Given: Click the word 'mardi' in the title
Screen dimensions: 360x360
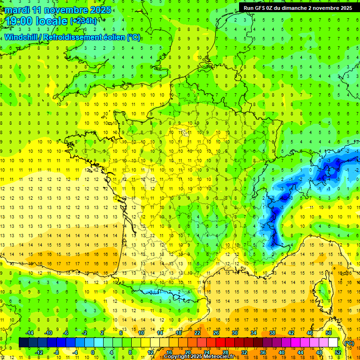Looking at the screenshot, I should (17, 10).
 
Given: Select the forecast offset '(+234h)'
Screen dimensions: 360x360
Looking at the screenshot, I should (83, 21).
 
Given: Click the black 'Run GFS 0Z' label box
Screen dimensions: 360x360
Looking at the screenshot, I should (298, 7).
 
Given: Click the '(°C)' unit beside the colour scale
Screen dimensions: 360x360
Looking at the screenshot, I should (348, 343).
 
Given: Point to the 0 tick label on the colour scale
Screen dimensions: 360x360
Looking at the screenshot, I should (93, 352).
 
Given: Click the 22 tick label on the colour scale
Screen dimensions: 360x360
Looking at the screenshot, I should (197, 333).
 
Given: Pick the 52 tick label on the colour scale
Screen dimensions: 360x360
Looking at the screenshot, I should (338, 352).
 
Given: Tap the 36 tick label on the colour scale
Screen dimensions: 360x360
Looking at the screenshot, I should (262, 352).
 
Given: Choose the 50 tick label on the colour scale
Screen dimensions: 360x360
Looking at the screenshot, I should (329, 333).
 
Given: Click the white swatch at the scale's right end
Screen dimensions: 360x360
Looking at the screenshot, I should (333, 343).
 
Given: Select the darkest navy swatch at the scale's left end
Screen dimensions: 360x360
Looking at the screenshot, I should (23, 343).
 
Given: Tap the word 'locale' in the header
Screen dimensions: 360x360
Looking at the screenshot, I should (53, 21).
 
